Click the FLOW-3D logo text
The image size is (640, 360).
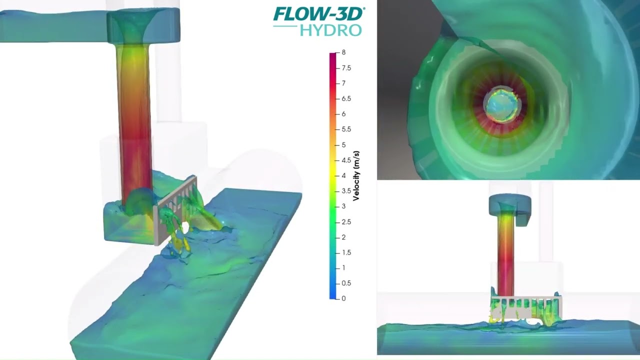coord(318,13)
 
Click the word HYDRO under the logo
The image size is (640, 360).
coord(330,30)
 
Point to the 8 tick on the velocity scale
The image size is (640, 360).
coord(343,52)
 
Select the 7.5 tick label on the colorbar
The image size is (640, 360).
coord(346,68)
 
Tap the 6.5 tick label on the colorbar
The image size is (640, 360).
coord(346,99)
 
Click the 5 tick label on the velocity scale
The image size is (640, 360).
coord(343,145)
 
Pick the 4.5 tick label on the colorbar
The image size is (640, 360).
coord(346,160)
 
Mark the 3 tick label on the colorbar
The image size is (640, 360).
coord(343,206)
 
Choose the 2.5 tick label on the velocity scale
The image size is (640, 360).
coord(346,222)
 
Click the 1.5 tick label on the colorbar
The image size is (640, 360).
coord(346,252)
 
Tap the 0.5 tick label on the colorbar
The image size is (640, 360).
coord(346,283)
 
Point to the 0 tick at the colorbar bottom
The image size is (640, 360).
coord(343,298)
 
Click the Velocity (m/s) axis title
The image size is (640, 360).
coord(356,175)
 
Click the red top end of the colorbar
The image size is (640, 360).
coord(333,56)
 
